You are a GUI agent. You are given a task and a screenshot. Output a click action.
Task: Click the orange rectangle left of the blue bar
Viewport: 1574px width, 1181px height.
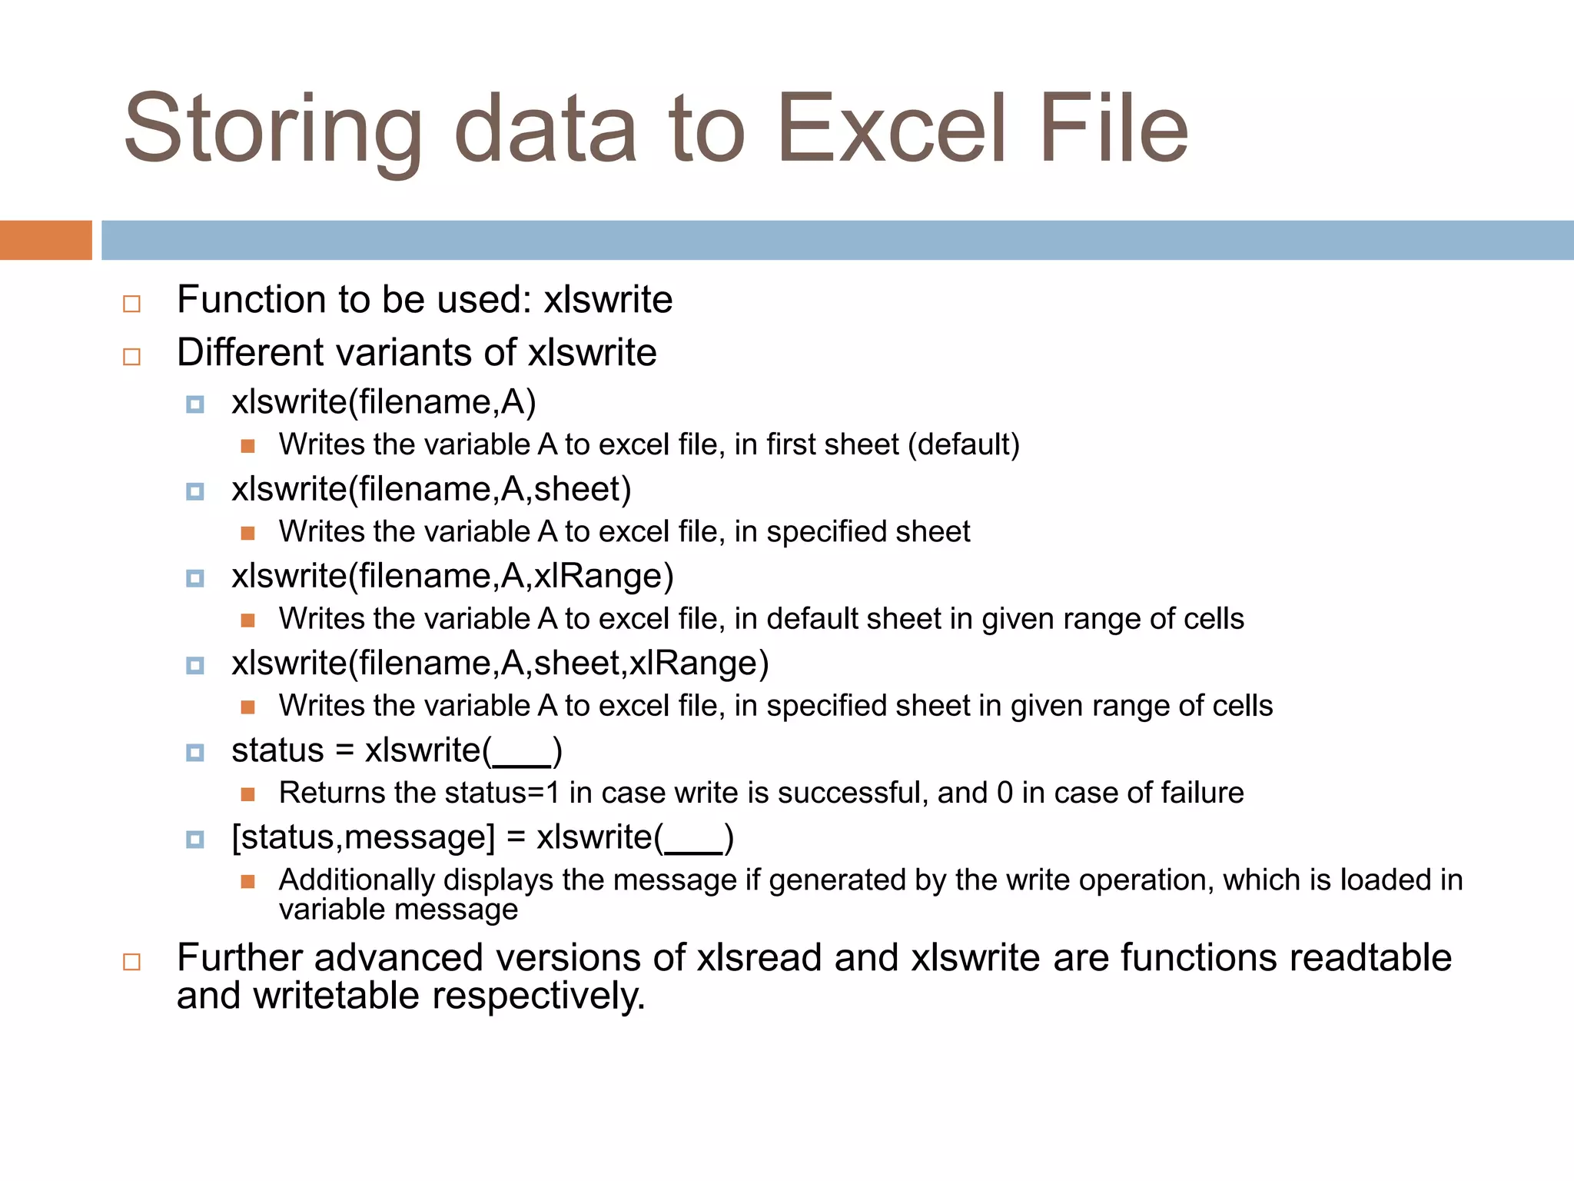(45, 240)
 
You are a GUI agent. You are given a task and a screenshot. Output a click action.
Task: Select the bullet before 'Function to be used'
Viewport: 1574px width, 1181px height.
(132, 304)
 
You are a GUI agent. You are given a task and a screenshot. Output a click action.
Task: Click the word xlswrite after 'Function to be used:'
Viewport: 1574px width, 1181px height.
(608, 300)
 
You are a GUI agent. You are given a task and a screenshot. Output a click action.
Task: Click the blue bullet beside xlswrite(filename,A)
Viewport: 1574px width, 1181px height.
(195, 404)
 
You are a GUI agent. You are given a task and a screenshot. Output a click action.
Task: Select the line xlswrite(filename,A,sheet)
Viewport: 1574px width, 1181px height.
(431, 490)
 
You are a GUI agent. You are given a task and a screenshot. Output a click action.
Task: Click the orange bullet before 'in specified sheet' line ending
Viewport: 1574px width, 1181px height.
(247, 533)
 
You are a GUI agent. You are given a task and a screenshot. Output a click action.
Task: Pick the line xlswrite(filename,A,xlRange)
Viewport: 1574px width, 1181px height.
(452, 577)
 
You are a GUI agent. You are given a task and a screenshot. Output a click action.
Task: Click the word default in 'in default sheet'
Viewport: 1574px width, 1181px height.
(815, 619)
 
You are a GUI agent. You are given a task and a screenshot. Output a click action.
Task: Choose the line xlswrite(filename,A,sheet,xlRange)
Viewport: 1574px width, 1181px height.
(500, 664)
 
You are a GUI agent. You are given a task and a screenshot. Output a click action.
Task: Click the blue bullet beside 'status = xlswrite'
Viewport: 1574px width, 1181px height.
(195, 753)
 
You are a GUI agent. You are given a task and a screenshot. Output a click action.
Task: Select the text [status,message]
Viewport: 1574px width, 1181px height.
(363, 838)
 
